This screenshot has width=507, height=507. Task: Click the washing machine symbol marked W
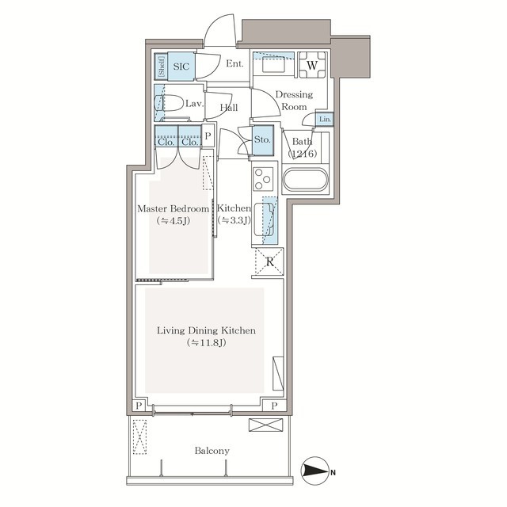[x=312, y=65]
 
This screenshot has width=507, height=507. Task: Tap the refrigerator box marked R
[x=269, y=261]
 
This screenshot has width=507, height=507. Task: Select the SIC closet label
[x=181, y=67]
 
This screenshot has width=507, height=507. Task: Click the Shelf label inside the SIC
[x=162, y=67]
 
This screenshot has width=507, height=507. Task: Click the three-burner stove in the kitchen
[x=263, y=179]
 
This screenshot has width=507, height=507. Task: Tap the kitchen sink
[x=264, y=219]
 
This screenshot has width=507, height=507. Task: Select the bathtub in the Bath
[x=306, y=180]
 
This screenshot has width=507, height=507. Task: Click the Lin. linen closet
[x=325, y=119]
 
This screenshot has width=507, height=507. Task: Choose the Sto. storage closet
[x=262, y=140]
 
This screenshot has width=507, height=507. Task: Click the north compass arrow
[x=315, y=472]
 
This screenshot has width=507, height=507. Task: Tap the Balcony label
[x=212, y=451]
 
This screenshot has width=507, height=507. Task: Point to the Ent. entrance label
[x=234, y=63]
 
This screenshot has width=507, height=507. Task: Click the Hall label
[x=229, y=108]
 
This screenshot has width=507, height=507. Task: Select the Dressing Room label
[x=294, y=101]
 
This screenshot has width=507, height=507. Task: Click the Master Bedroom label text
[x=173, y=208]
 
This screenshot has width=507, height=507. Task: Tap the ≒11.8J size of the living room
[x=207, y=343]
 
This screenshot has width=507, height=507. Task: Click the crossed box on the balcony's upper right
[x=266, y=425]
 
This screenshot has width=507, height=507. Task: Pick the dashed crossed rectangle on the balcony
[x=139, y=436]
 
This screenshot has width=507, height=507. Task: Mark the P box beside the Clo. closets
[x=208, y=135]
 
